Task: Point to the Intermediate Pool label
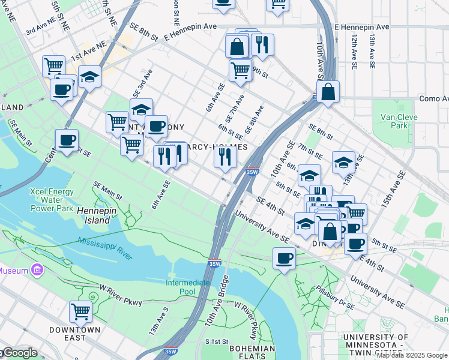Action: [188, 287]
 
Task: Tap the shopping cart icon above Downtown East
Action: [80, 311]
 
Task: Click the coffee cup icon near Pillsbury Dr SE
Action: [284, 259]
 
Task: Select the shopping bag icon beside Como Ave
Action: [328, 92]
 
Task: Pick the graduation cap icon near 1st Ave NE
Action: [89, 77]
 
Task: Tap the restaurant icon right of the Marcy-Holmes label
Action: [224, 157]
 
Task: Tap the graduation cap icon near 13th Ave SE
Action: [343, 162]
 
